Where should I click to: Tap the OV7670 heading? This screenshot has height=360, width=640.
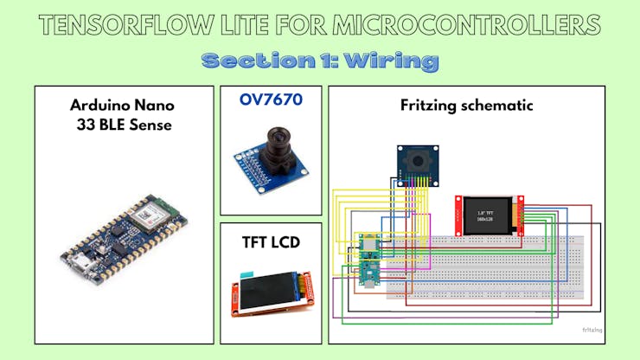270,100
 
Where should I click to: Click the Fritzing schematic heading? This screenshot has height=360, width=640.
466,106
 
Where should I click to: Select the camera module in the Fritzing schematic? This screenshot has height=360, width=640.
417,164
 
